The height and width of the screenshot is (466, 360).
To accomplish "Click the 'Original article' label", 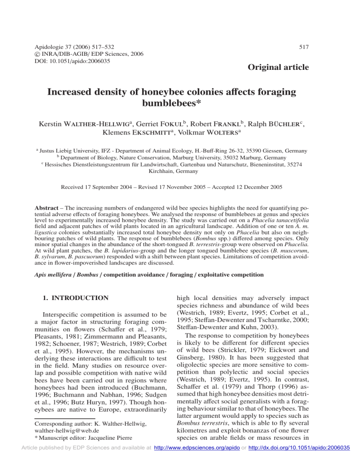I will click(x=278, y=68).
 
